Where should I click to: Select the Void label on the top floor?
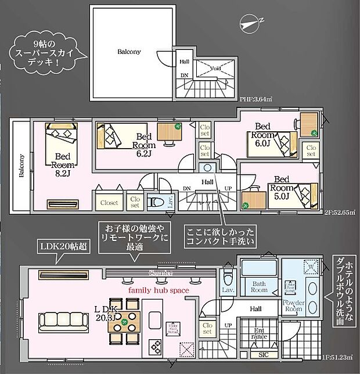[x=216, y=69]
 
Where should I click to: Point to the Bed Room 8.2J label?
[x=63, y=165]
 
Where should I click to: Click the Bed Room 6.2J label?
[x=143, y=145]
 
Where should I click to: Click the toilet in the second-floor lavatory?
[x=153, y=202]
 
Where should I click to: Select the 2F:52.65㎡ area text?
[x=339, y=213]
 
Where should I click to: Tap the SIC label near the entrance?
[x=262, y=354]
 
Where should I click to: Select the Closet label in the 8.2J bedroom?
[x=109, y=203]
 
